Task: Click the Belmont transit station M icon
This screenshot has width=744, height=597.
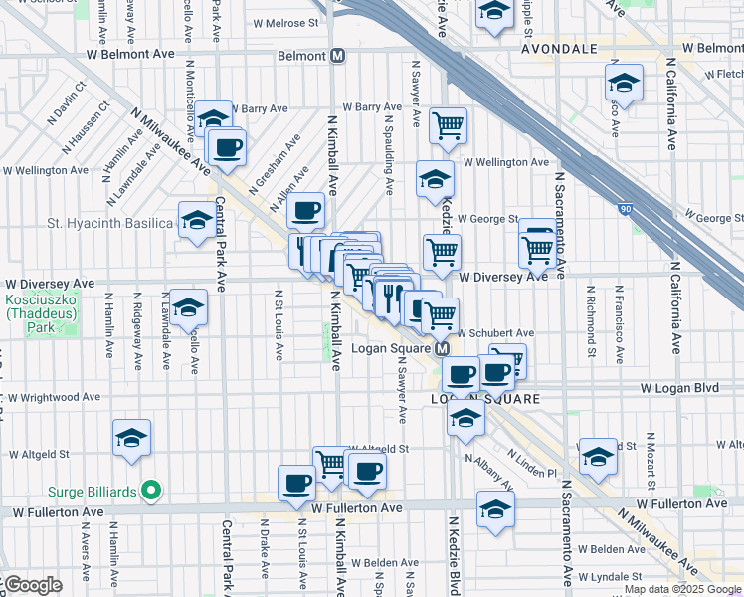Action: [x=338, y=56]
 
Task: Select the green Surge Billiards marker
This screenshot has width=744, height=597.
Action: [x=150, y=490]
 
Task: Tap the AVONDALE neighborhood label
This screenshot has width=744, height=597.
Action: [x=560, y=48]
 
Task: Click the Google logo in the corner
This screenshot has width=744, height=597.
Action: [x=32, y=584]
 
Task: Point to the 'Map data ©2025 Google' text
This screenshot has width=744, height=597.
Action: [x=681, y=589]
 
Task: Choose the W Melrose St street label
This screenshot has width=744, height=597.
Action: [x=284, y=21]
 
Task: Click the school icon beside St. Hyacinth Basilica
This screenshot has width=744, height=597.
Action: [x=197, y=219]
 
